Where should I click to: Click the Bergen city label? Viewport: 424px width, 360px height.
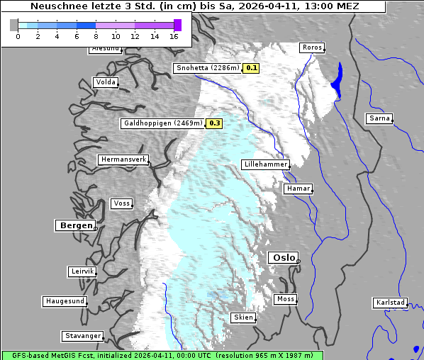pos(74,225)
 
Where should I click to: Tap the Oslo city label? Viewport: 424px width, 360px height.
pos(283,258)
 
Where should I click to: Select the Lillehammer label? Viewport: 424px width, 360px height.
pos(265,164)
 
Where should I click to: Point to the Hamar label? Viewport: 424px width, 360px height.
pos(297,189)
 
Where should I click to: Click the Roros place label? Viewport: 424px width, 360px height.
pos(311,48)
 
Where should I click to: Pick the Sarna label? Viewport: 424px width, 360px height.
pos(379,118)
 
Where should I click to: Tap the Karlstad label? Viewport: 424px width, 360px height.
pos(390,303)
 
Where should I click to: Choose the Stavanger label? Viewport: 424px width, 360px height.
pos(82,336)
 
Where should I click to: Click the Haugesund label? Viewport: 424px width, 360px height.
pos(65,301)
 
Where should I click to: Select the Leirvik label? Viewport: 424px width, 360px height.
pos(82,271)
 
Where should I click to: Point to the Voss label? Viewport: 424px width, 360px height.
pos(121,203)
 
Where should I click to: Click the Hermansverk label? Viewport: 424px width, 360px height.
pos(123,160)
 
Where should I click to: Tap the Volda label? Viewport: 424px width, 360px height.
pos(105,82)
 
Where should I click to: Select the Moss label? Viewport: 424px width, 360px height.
pos(285,299)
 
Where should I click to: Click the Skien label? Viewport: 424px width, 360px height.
pos(242,317)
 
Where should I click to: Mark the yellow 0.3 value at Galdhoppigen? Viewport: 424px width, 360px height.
pos(214,123)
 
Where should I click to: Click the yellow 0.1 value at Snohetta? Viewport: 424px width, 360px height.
pos(252,69)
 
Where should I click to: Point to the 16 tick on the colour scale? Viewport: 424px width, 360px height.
pos(174,36)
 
